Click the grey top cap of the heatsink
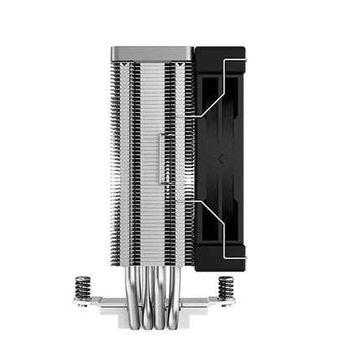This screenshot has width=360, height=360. coord(151,52)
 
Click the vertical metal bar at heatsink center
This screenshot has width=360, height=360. coord(167,159)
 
